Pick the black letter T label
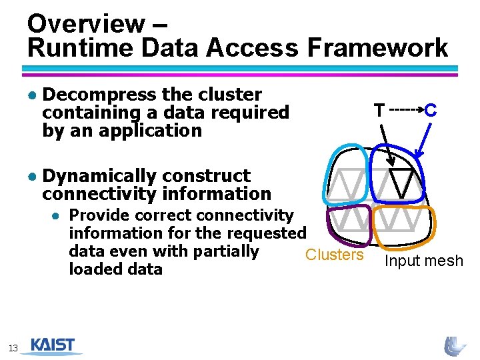tap(379, 110)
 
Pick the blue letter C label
tap(431, 110)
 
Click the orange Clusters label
tap(334, 255)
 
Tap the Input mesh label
tap(423, 261)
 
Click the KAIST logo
tap(57, 345)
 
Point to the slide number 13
tap(13, 347)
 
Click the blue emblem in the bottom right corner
tap(455, 345)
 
